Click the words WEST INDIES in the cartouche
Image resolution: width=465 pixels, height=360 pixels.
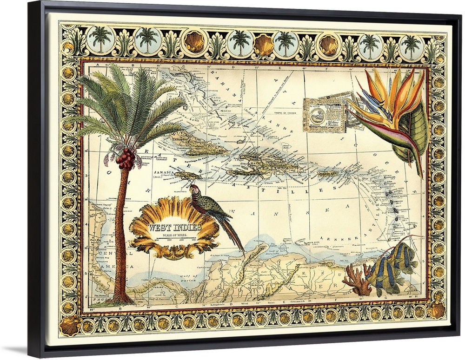(x=174, y=228)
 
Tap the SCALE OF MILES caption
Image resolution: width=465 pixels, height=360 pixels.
(x=175, y=235)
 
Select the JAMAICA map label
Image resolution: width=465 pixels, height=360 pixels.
(x=162, y=171)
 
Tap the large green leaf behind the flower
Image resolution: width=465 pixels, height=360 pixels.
(x=414, y=135)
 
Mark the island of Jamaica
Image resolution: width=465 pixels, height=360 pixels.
(x=188, y=176)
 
